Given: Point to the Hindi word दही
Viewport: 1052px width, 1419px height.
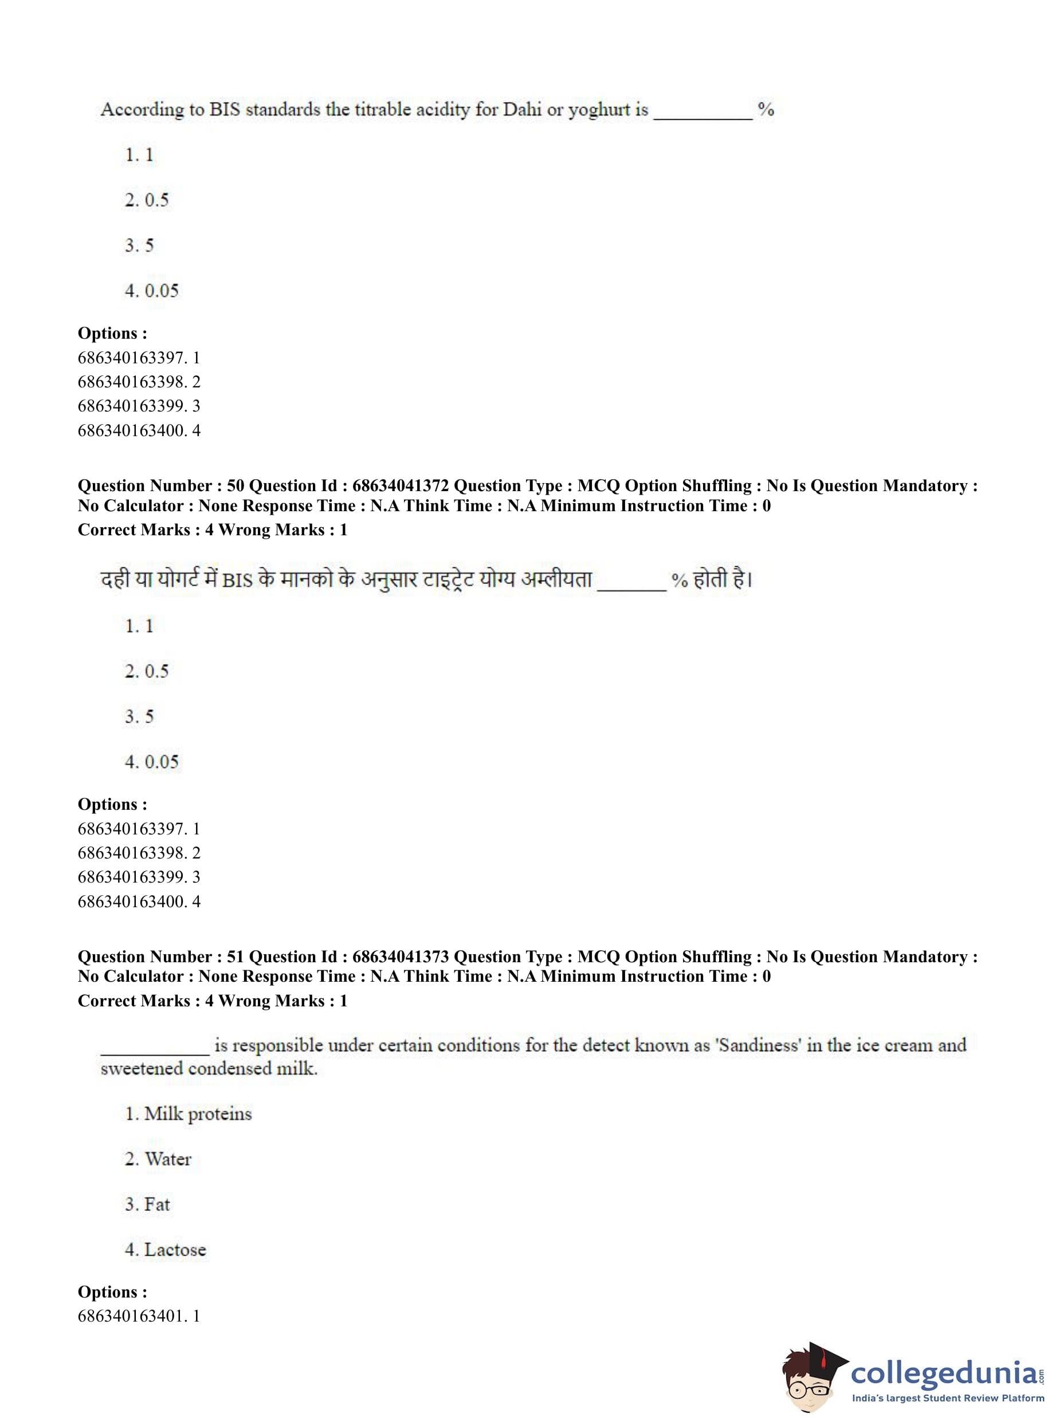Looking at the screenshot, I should (115, 579).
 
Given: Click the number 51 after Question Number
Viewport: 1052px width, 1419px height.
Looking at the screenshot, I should (235, 957).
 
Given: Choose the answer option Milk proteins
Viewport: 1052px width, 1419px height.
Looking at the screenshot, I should (198, 1114).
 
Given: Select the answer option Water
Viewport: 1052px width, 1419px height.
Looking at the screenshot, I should (167, 1159).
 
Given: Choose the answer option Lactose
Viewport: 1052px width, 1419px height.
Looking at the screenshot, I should (175, 1249).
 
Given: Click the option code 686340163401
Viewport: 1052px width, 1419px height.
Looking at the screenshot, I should (132, 1316).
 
